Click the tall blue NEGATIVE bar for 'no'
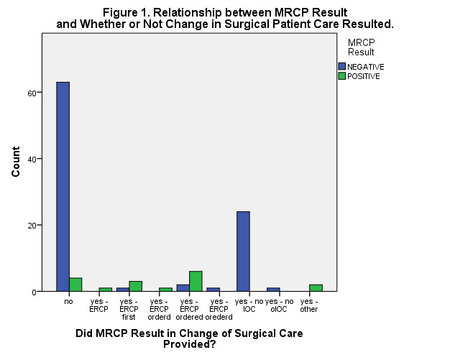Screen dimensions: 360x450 coord(63,187)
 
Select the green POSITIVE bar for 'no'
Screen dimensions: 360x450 coord(75,285)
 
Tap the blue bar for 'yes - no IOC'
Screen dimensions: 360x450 coord(243,251)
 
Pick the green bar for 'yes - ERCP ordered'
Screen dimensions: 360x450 coord(196,281)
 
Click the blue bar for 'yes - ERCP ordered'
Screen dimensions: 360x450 coord(183,287)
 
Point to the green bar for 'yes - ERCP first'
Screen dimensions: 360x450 coord(135,286)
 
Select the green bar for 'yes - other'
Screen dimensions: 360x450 coord(315,287)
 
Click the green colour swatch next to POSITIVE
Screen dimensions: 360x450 coord(342,76)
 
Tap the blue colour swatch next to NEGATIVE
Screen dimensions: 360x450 coord(342,67)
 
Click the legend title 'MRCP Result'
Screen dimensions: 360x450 coord(361,47)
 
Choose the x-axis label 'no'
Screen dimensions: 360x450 coord(69,302)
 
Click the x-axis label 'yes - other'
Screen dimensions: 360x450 coord(309,306)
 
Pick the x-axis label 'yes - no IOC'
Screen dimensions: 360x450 coord(249,306)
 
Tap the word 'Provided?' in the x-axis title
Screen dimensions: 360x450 coord(189,344)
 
